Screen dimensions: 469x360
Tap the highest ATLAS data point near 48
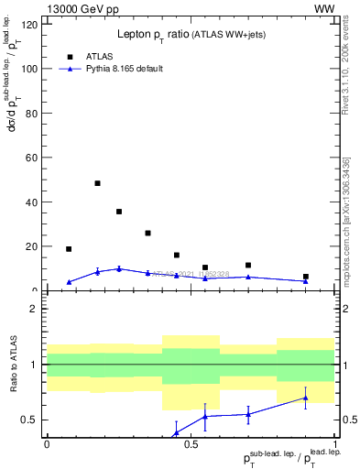pyautogui.click(x=97, y=183)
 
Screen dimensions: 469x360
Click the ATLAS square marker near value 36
pyautogui.click(x=119, y=212)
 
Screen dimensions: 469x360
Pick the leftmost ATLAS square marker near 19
pyautogui.click(x=69, y=249)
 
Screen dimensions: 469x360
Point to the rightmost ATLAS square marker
pyautogui.click(x=306, y=277)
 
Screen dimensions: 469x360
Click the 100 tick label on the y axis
pyautogui.click(x=29, y=69)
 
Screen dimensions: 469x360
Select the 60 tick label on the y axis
pyautogui.click(x=32, y=158)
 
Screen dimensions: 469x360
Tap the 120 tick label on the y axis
pyautogui.click(x=29, y=25)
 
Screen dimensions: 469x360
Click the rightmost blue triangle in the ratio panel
pyautogui.click(x=306, y=398)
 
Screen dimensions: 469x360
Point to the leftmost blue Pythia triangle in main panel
pyautogui.click(x=69, y=282)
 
